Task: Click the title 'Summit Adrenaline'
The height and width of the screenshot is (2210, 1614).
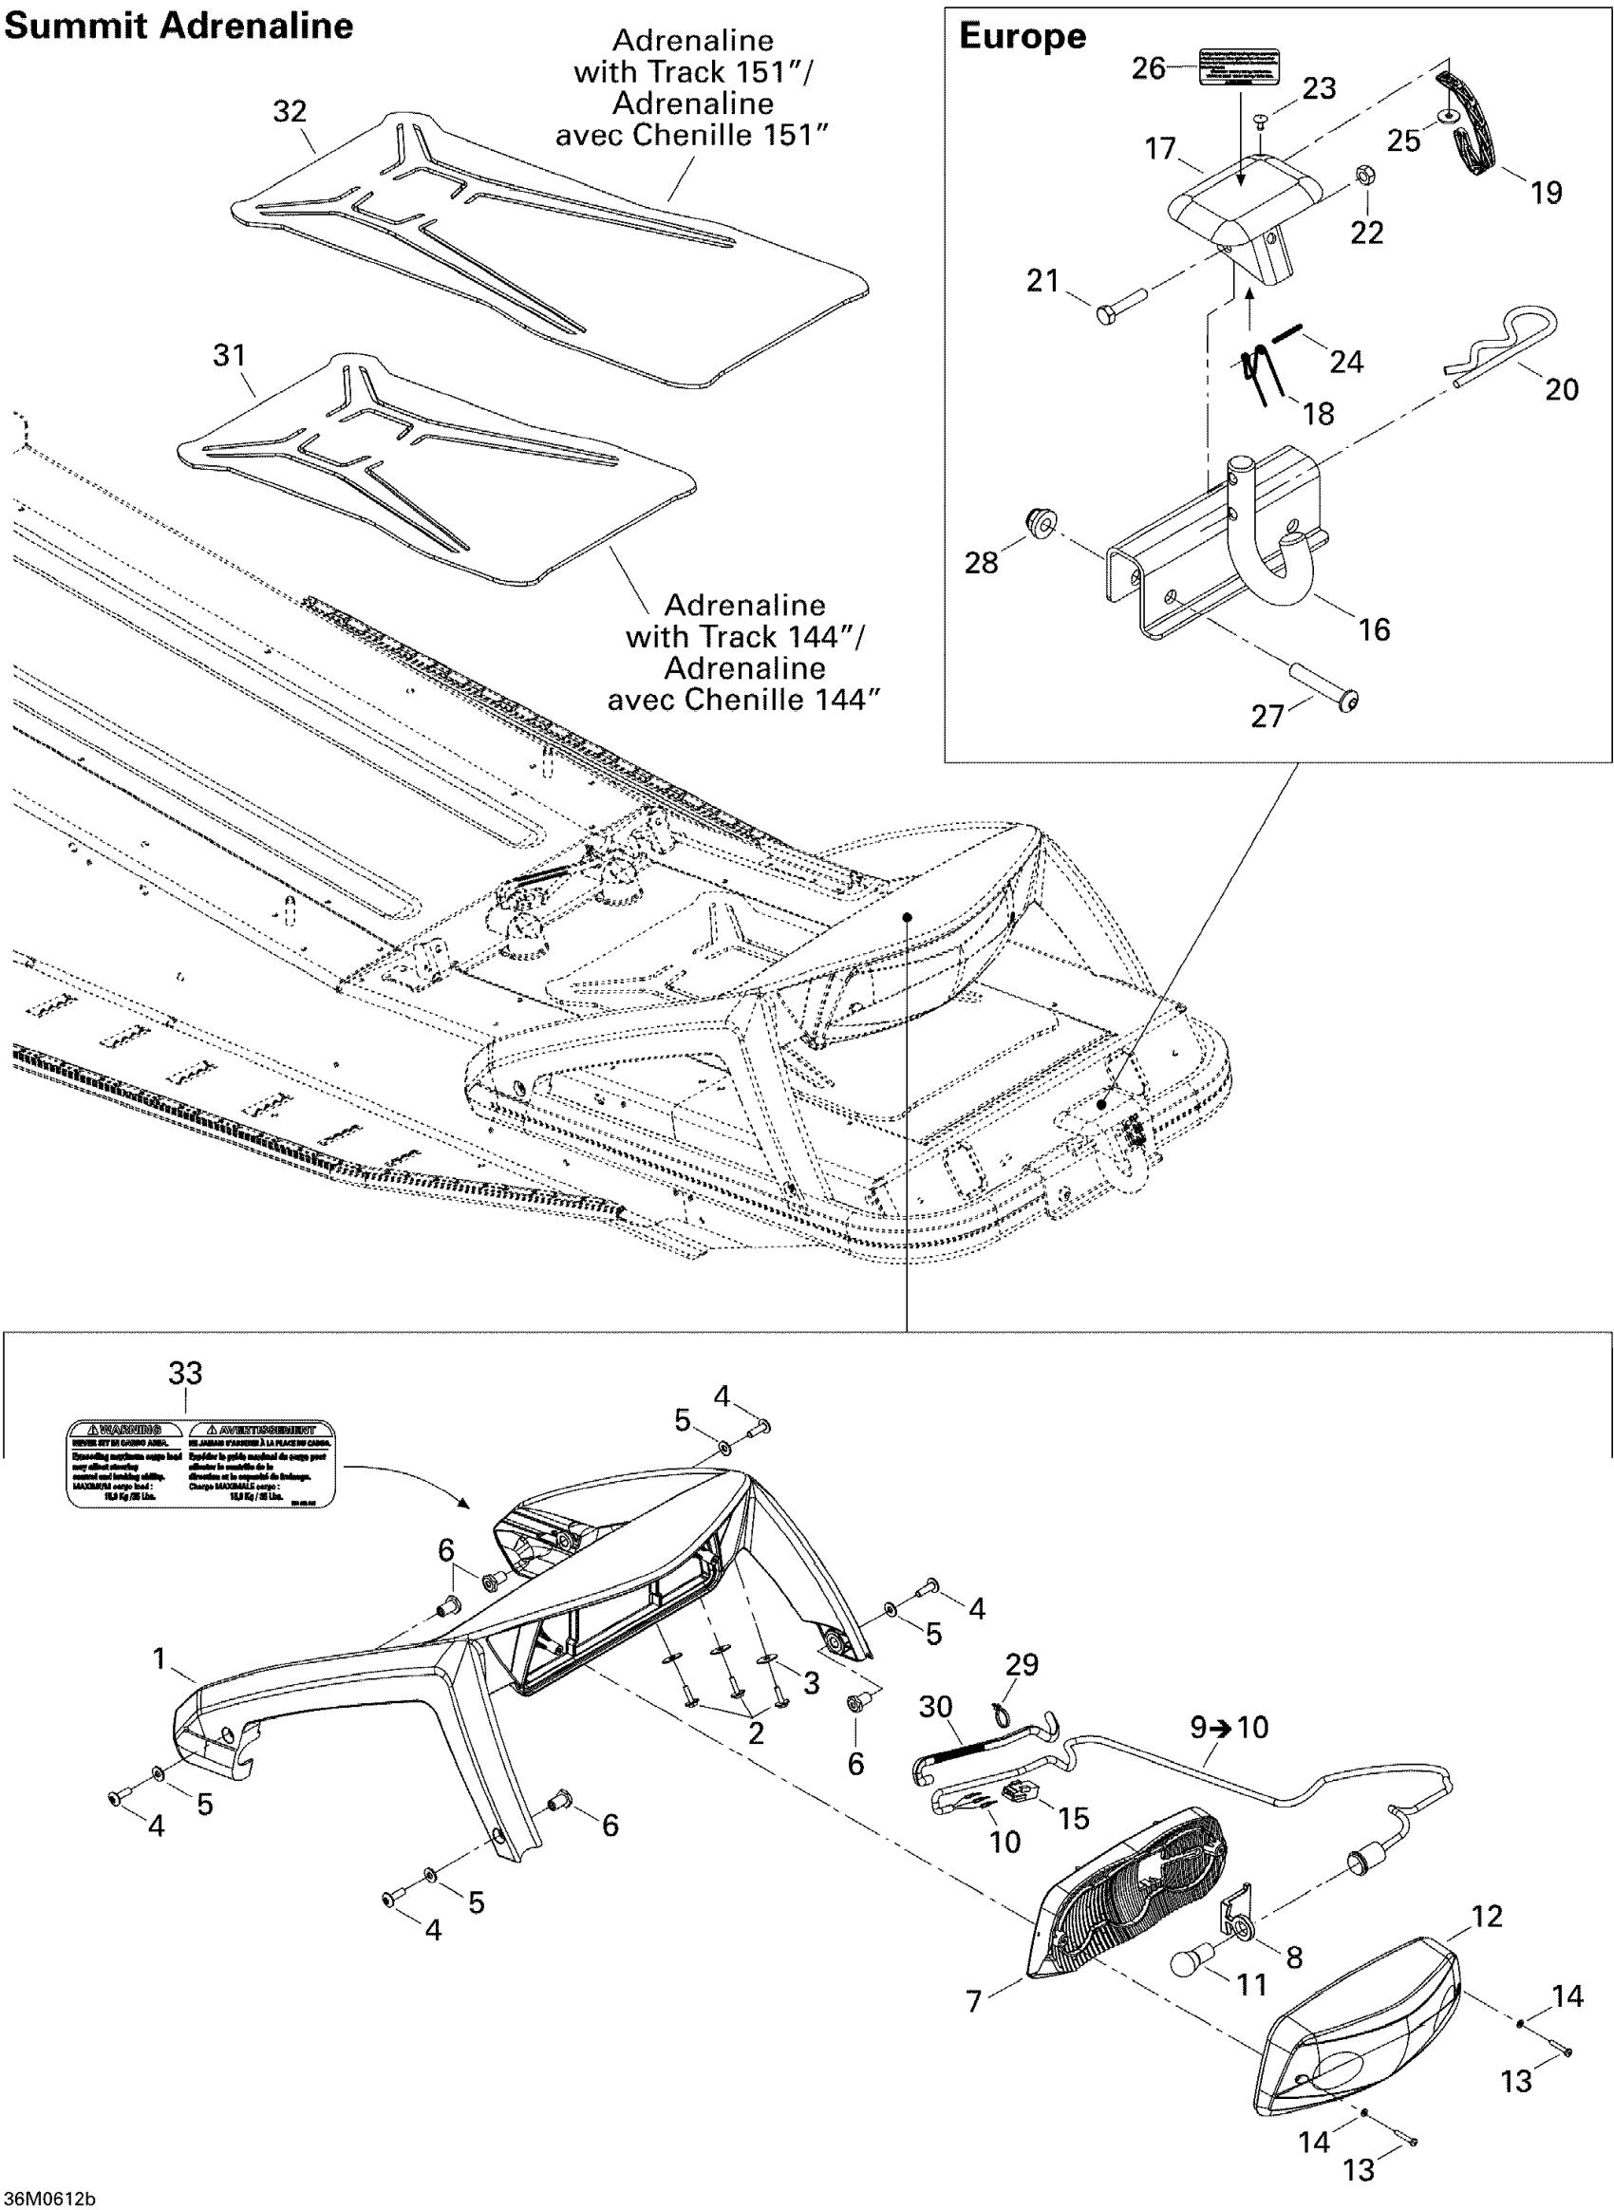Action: (x=178, y=27)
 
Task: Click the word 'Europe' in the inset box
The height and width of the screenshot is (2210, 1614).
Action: (x=1022, y=36)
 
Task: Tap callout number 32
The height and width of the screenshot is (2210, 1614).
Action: (x=290, y=111)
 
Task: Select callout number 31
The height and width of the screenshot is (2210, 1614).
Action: (x=230, y=355)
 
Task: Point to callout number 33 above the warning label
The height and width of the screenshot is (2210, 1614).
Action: (x=184, y=1373)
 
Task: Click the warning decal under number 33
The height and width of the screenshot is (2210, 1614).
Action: (x=200, y=1463)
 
